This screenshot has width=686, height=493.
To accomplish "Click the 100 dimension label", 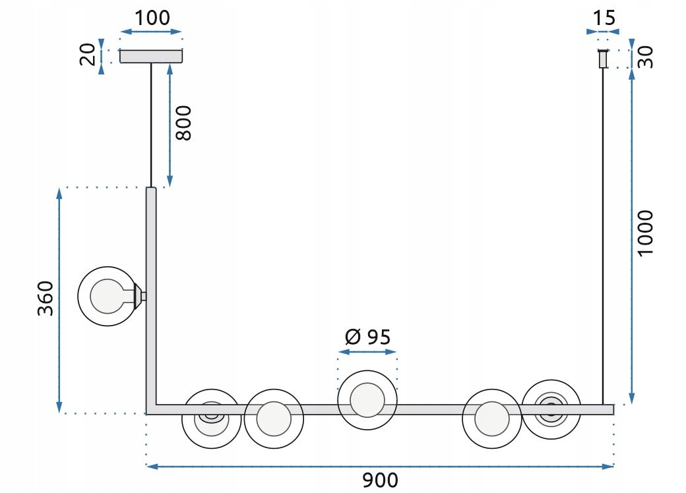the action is click(152, 18).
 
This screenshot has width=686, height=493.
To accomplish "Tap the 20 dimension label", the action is click(88, 54).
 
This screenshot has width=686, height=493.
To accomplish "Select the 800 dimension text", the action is click(183, 123).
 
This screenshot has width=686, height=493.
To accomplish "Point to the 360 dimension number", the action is click(45, 298).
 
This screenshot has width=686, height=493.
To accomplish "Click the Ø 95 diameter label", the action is click(367, 337).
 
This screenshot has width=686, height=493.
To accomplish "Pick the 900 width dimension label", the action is click(380, 480).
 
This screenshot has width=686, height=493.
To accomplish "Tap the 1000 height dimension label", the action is click(645, 233).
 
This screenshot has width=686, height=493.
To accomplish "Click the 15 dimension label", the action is click(604, 18).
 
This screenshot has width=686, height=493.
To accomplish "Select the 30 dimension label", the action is click(645, 57).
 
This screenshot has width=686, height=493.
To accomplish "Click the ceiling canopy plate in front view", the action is click(151, 57).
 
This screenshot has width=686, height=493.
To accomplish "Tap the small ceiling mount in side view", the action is click(603, 59).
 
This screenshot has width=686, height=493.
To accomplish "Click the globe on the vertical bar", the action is click(107, 297).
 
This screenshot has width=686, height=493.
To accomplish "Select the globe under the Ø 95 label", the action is click(367, 400).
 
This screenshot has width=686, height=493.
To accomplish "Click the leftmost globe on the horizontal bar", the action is click(211, 419).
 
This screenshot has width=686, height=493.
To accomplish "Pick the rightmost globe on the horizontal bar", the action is click(551, 409).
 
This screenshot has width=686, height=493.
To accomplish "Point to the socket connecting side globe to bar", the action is click(140, 296).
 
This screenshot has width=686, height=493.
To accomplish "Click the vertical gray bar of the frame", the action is click(151, 299).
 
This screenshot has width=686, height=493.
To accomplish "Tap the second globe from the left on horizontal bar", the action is click(274, 419).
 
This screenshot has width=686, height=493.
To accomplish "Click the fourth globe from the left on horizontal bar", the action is click(492, 419).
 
